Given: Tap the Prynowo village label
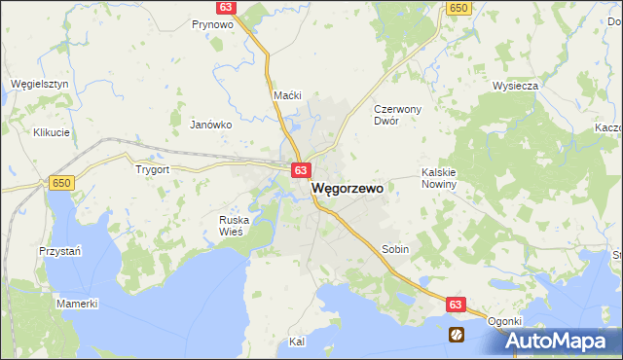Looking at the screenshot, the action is click(x=211, y=24).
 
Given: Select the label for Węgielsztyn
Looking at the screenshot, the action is click(x=39, y=84).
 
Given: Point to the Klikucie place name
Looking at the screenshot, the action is click(x=52, y=131).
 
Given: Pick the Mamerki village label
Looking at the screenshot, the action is click(x=77, y=304).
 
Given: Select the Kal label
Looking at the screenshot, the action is click(x=298, y=342).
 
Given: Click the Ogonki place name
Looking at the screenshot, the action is click(x=505, y=322).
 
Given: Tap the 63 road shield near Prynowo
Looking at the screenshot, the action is click(x=225, y=7).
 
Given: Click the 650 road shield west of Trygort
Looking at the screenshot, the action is click(x=61, y=183).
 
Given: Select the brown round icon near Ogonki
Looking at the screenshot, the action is click(x=456, y=334).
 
